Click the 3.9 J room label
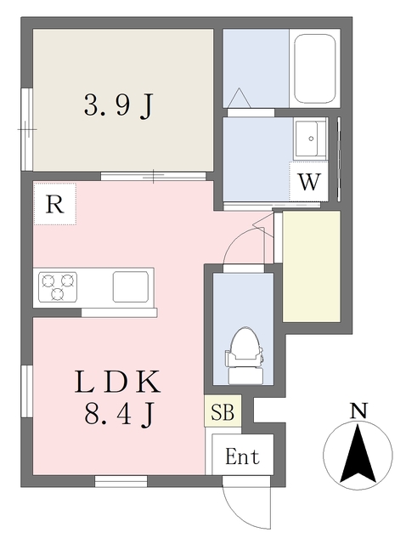(x=119, y=105)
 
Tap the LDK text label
(x=118, y=382)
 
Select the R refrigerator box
(x=55, y=205)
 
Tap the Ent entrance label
(x=242, y=456)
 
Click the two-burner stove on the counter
(x=56, y=285)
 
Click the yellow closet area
(x=312, y=265)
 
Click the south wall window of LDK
(x=121, y=482)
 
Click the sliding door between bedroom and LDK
(x=154, y=177)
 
